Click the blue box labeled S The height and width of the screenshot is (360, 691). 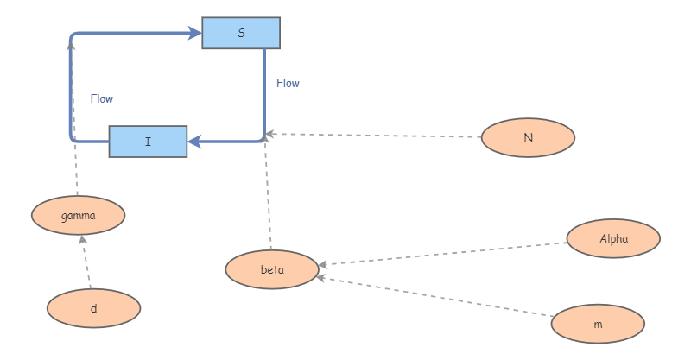click(x=241, y=33)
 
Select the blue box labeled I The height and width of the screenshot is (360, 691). click(x=148, y=142)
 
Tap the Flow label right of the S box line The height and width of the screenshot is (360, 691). click(x=288, y=84)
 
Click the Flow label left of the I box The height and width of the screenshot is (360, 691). click(x=102, y=98)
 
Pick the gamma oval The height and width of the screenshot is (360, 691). click(x=79, y=215)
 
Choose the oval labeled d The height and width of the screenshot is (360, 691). click(x=93, y=308)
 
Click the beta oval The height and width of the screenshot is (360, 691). click(x=272, y=269)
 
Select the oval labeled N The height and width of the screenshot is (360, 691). click(x=528, y=137)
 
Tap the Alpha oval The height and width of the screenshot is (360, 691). click(x=613, y=238)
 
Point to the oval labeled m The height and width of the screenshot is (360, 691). click(x=598, y=325)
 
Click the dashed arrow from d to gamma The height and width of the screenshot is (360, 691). click(x=86, y=263)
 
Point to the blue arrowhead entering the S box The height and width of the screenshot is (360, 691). click(x=194, y=34)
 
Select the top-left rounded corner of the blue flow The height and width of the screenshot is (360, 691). click(x=73, y=37)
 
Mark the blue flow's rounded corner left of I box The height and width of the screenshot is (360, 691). click(x=73, y=138)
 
